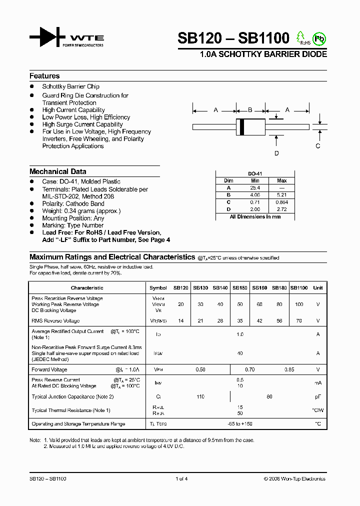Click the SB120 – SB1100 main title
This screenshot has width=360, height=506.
point(233,38)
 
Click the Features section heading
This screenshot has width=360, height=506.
point(44,76)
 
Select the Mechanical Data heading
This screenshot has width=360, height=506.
point(57,171)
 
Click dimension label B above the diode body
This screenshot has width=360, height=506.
point(250,109)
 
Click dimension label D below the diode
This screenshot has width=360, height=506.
point(276,153)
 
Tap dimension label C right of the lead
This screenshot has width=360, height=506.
point(317,146)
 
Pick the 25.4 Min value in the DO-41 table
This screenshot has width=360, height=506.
point(255,188)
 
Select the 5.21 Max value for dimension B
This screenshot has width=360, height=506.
point(281,195)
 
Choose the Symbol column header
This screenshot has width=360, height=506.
point(158,287)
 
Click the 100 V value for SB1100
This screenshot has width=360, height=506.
point(298,304)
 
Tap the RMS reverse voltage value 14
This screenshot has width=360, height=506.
point(180,320)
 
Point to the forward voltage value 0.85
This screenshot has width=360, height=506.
point(289,369)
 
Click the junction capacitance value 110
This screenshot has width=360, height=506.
point(200,396)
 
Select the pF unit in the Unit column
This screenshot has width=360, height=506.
point(317,396)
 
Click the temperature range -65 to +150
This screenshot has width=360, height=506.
point(240,424)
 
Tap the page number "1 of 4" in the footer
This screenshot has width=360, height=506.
point(181,479)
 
